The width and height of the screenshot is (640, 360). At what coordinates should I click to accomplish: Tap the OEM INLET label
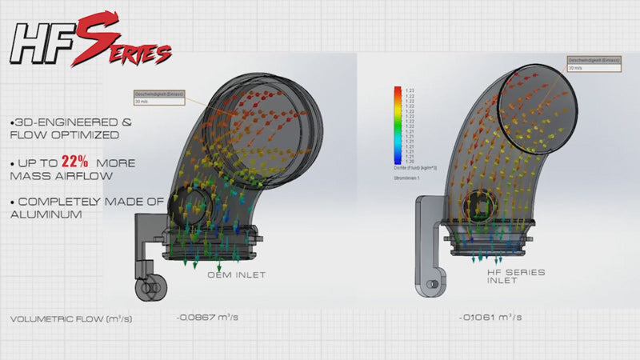pos(237,275)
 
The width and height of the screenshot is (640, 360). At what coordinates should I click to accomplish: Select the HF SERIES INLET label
pos(516,276)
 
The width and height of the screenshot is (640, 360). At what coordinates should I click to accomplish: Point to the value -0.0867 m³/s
pos(207,318)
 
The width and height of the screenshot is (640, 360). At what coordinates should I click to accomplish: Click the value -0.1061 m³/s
pos(489,318)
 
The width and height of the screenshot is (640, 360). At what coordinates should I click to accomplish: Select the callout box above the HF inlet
pos(591,63)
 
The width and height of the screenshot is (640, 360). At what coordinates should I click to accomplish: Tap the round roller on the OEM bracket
pos(147,286)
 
